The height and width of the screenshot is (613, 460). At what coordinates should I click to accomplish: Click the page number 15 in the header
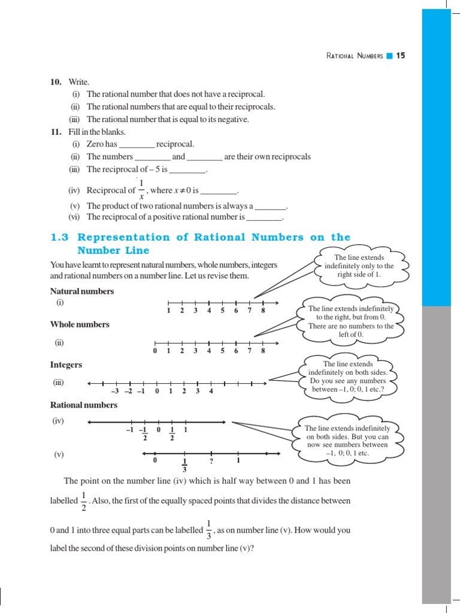[x=401, y=56]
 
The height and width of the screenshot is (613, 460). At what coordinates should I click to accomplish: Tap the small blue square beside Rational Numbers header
[x=389, y=56]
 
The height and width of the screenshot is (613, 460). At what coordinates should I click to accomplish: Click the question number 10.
[x=56, y=81]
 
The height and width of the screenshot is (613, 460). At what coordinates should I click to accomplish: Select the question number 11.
[x=56, y=132]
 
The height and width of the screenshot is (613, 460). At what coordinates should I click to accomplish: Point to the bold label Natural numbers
[x=82, y=292]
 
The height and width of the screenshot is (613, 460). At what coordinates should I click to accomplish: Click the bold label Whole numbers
[x=80, y=324]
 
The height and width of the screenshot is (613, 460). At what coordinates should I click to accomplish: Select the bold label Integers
[x=66, y=365]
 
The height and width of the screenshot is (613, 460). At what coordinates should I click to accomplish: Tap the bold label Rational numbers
[x=84, y=405]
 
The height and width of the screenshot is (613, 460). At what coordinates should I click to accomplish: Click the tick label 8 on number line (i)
[x=263, y=311]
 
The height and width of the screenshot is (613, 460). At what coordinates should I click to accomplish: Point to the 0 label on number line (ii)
[x=155, y=351]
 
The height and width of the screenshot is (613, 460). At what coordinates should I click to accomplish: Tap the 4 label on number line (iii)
[x=211, y=392]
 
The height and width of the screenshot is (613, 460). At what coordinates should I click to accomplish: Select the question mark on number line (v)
[x=211, y=461]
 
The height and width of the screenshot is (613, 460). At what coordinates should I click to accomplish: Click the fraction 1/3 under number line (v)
[x=184, y=465]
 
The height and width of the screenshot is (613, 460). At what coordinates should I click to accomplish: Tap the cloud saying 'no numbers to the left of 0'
[x=351, y=322]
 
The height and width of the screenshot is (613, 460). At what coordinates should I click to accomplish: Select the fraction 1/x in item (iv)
[x=141, y=190]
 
